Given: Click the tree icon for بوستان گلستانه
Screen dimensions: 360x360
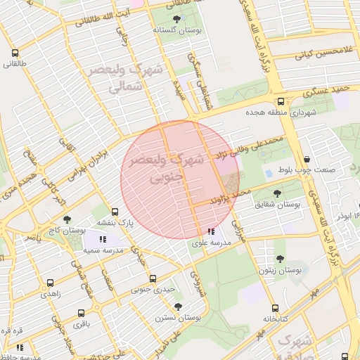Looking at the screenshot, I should (x=175, y=20).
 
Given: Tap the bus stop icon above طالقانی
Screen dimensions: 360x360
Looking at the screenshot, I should (x=15, y=53).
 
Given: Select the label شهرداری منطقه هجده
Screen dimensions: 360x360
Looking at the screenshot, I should (x=281, y=112).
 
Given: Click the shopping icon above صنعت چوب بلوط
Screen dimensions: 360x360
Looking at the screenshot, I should (x=309, y=159).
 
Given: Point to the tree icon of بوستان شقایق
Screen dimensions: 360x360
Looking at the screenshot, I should (x=278, y=192).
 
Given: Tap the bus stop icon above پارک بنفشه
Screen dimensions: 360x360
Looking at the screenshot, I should (x=115, y=212).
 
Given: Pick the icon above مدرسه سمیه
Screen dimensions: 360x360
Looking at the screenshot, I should (x=103, y=240).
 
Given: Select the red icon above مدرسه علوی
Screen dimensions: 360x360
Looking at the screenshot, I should (x=211, y=231).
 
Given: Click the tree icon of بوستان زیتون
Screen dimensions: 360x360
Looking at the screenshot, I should (x=281, y=259).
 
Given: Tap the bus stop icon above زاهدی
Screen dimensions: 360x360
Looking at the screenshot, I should (x=50, y=283).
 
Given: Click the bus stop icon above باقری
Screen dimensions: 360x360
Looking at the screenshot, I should (x=82, y=313).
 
